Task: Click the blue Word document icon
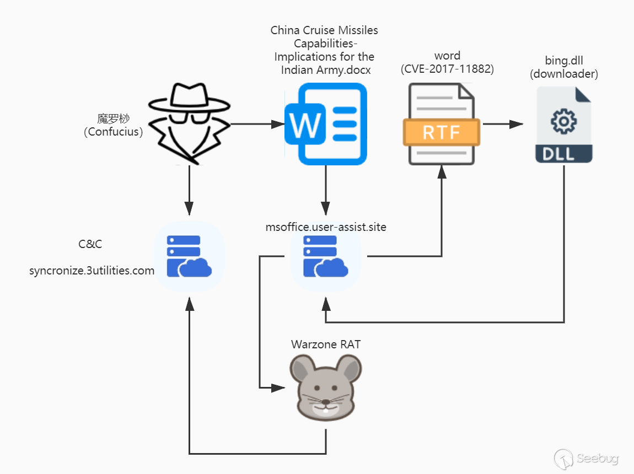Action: (x=326, y=124)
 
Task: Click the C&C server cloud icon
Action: (x=189, y=256)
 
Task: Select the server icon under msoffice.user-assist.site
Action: (x=325, y=256)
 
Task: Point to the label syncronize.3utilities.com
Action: (x=92, y=271)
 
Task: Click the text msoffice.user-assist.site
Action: (x=326, y=227)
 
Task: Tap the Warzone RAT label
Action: (x=326, y=344)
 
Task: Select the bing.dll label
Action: (x=563, y=61)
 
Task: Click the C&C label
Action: (x=90, y=244)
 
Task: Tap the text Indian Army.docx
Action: (x=326, y=70)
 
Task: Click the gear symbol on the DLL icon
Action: (x=563, y=122)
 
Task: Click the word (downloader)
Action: (x=563, y=74)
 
